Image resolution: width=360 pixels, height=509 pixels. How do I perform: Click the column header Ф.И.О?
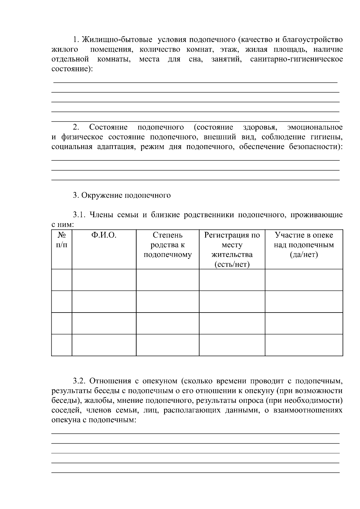click(x=104, y=235)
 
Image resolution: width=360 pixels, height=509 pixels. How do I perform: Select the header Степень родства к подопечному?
click(x=167, y=245)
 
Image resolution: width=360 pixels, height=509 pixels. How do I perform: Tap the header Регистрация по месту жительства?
click(x=232, y=250)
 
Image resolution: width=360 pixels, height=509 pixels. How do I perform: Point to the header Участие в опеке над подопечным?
click(x=304, y=245)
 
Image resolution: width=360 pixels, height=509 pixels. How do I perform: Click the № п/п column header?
click(x=61, y=240)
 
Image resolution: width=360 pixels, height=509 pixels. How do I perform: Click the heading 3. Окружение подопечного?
click(x=122, y=196)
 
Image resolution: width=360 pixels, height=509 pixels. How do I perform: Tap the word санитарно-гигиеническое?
click(x=296, y=59)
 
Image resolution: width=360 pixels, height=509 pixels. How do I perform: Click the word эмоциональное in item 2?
click(x=315, y=127)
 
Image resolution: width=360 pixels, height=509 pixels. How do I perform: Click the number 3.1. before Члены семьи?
click(x=79, y=215)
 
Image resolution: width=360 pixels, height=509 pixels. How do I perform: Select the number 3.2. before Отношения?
click(x=79, y=381)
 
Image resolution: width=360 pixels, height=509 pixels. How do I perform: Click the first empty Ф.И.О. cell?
click(x=104, y=280)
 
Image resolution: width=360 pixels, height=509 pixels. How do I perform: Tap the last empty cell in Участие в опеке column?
click(x=304, y=345)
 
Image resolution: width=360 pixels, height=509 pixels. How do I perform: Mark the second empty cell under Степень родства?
click(x=167, y=301)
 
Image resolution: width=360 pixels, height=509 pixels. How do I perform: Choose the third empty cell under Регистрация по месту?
click(x=232, y=323)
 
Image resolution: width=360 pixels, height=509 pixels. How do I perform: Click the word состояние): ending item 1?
click(x=72, y=69)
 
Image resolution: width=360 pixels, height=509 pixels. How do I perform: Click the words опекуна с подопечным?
click(x=94, y=420)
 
